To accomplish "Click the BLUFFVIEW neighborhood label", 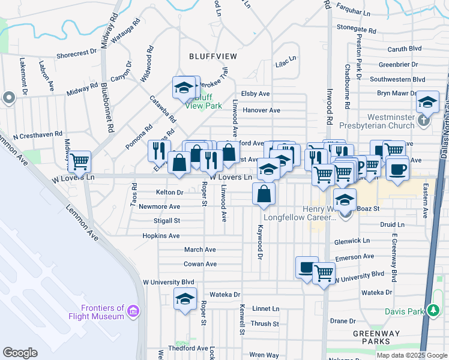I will (212, 56).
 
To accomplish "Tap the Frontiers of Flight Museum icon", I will (133, 312).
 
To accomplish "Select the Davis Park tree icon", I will (432, 311).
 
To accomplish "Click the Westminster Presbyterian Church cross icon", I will (424, 119).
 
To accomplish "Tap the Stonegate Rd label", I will (356, 28).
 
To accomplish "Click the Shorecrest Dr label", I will (76, 53).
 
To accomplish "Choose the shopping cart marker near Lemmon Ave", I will (79, 161).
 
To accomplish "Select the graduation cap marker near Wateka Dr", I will (185, 298).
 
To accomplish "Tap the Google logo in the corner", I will (20, 353).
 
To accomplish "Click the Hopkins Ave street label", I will (162, 236).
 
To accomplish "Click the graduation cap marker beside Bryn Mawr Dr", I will (427, 101).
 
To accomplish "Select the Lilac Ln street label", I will (286, 62).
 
